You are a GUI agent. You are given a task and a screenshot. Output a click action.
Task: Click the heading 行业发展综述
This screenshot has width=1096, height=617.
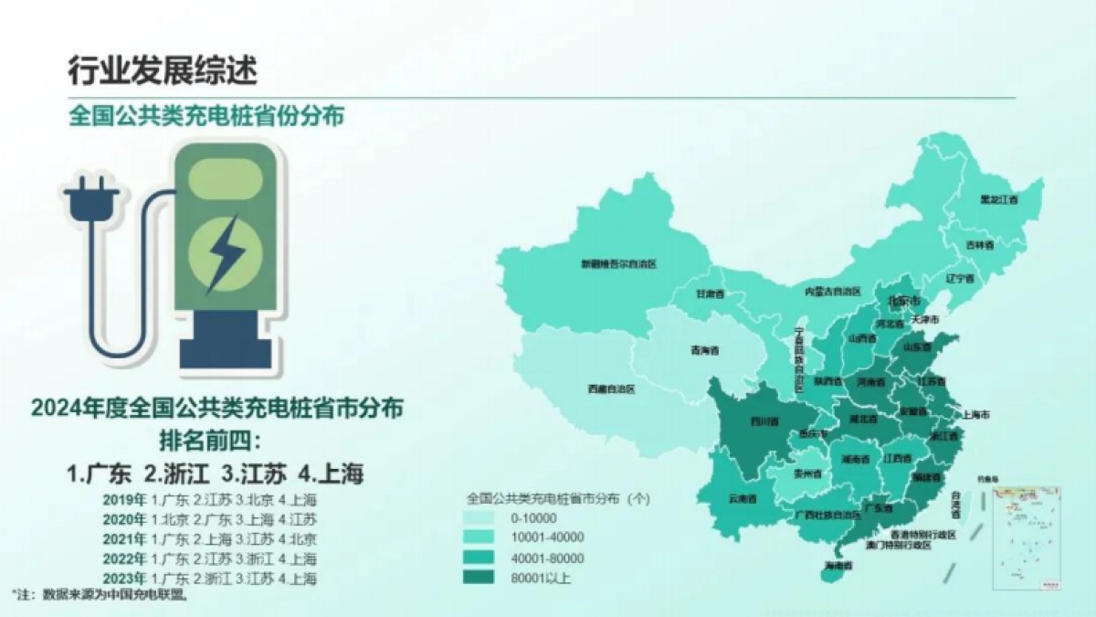163,69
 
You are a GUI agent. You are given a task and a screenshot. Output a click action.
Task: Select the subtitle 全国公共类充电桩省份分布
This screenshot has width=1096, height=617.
206,116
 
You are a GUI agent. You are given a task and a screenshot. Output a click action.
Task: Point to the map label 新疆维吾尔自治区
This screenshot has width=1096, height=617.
619,264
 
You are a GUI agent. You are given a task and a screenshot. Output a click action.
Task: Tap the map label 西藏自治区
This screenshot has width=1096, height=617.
610,388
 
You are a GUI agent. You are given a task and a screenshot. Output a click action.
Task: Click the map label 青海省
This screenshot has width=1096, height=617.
704,350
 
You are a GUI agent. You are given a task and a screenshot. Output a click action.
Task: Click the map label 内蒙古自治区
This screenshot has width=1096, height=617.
833,291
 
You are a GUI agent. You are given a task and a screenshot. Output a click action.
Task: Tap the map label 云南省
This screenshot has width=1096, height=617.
743,499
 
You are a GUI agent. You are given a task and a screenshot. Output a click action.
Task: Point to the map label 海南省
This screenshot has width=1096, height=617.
838,567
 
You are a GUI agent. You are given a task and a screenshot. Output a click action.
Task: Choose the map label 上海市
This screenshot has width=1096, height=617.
976,414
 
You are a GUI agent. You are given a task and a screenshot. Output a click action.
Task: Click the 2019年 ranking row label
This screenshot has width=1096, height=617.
125,500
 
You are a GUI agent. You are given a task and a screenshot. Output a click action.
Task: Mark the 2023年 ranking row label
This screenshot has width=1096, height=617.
125,579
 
